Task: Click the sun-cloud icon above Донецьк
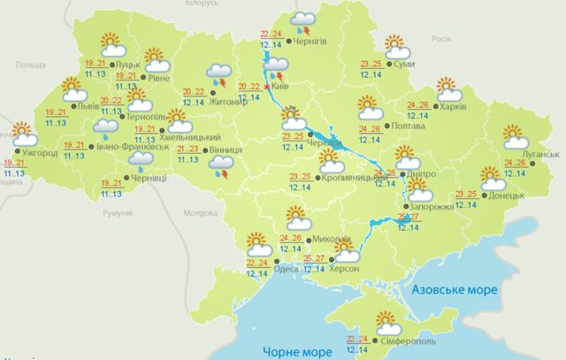[493, 178]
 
